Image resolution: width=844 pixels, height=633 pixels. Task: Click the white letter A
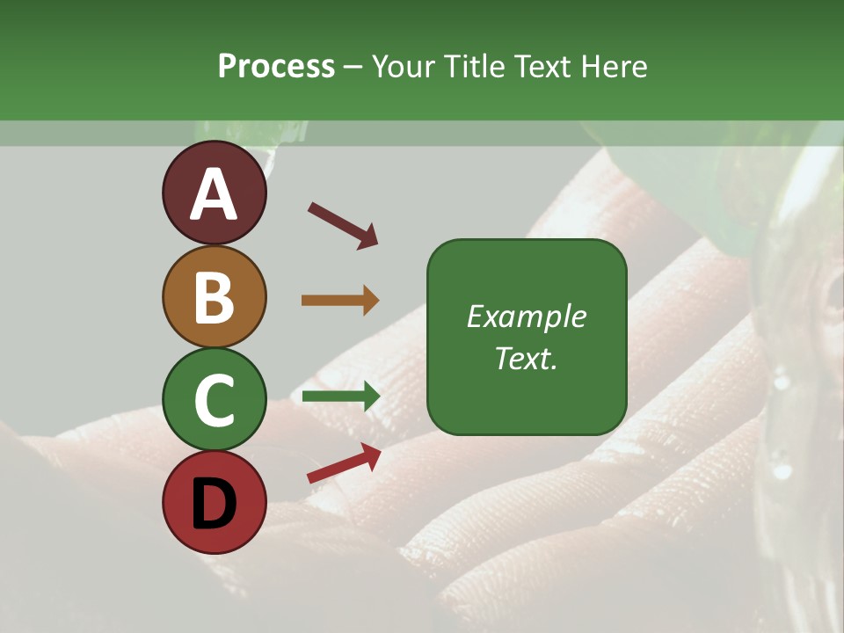pyautogui.click(x=215, y=194)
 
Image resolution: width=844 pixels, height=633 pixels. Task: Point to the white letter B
pyautogui.click(x=215, y=297)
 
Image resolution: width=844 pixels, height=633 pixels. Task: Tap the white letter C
pyautogui.click(x=215, y=400)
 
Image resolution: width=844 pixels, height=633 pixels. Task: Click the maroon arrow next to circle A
pyautogui.click(x=343, y=225)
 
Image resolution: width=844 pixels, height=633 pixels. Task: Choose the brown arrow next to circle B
pyautogui.click(x=340, y=300)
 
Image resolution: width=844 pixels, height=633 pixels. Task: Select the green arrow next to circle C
pyautogui.click(x=340, y=397)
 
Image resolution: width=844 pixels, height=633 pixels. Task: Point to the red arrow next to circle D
pyautogui.click(x=344, y=462)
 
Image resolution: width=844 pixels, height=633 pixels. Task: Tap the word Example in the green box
pyautogui.click(x=527, y=316)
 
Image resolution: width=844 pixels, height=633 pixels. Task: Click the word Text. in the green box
pyautogui.click(x=527, y=359)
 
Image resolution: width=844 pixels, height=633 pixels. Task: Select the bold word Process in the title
pyautogui.click(x=276, y=66)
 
